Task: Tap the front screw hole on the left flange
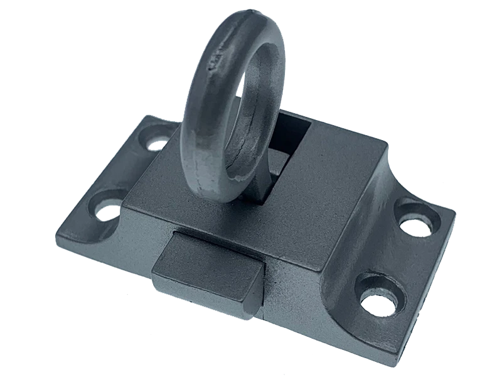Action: [x=107, y=210]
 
